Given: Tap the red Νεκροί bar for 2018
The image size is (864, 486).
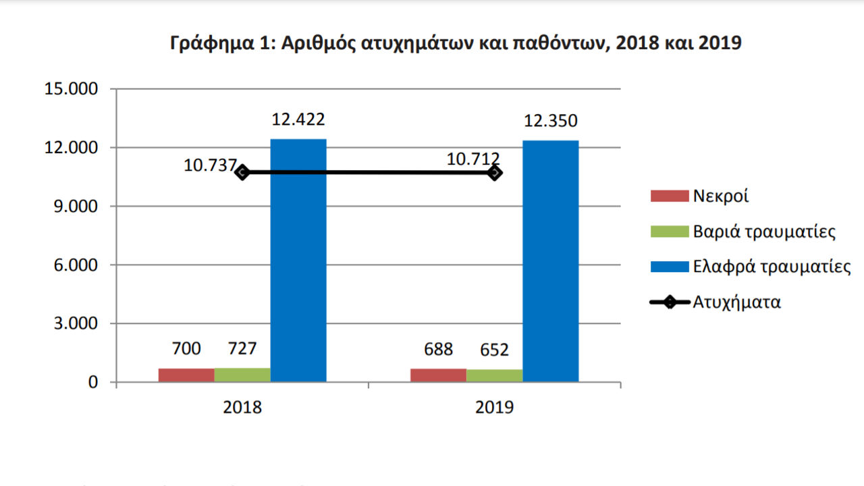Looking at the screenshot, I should coord(186,375).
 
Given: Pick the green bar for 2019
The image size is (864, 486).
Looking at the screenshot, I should coord(494,375).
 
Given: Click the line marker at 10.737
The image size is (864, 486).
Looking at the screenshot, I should coord(243,172).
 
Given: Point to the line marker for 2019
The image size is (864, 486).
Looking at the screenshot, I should coord(495,172).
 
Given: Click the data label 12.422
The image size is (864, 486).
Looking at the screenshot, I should coord(298,120).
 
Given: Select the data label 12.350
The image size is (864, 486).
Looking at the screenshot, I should coord(551,122).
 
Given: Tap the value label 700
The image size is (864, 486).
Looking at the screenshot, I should coord(187,349).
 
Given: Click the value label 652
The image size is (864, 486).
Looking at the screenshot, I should coord(495,350).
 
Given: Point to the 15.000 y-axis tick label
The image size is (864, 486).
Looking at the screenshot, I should coord(70,89).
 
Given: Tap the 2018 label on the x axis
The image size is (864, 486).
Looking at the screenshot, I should coord(243,408).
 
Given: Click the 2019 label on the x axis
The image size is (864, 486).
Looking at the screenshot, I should coord(495,408).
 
